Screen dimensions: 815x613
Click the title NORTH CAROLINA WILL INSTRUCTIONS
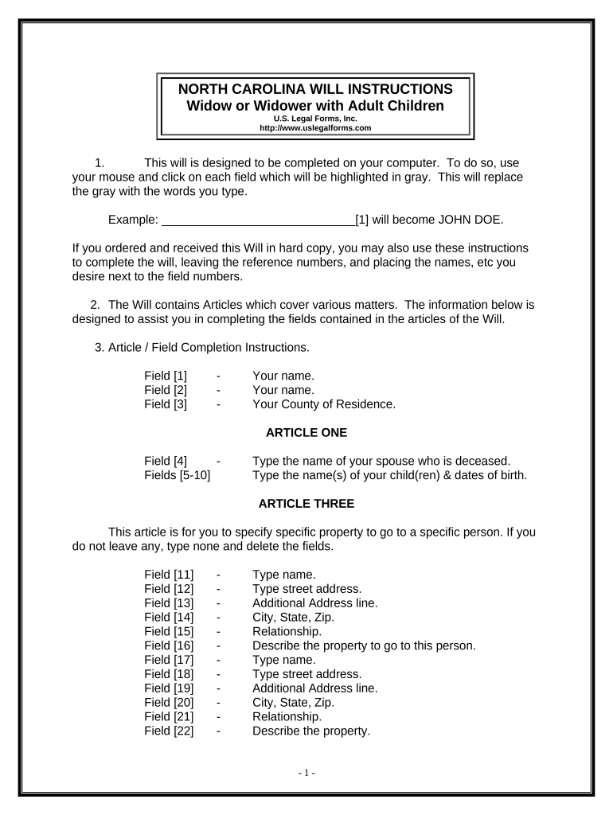(316, 89)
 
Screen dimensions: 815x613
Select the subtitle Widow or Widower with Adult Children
(316, 106)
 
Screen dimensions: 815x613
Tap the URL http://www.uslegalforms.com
(316, 127)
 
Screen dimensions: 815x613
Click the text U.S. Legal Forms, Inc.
(316, 119)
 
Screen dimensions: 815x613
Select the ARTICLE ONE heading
(306, 433)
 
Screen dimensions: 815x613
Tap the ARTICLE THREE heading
(306, 504)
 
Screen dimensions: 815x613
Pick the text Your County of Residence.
(323, 404)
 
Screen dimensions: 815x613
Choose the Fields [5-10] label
(178, 476)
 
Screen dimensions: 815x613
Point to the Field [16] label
(169, 645)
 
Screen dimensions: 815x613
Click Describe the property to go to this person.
(364, 645)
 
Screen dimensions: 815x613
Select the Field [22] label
(169, 731)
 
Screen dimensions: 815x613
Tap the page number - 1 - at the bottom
(306, 773)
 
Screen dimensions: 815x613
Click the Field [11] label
(169, 574)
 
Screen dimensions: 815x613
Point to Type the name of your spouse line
(381, 461)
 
